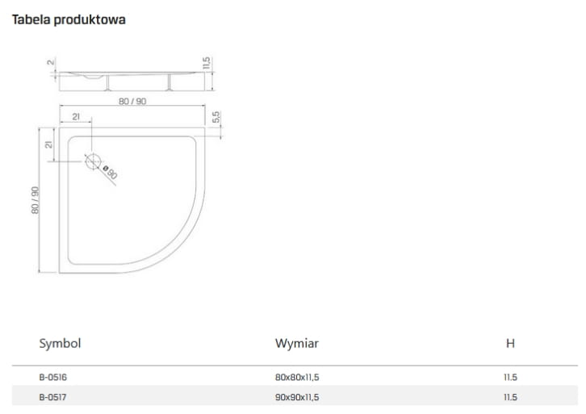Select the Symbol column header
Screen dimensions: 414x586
[x=61, y=343]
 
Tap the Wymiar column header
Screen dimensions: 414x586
[x=297, y=343]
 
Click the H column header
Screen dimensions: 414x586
[x=510, y=343]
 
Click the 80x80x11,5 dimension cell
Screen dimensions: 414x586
[x=303, y=377]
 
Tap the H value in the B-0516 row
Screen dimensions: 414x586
[x=509, y=377]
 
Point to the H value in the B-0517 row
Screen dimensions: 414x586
[x=509, y=397]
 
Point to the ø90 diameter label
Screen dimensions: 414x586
[x=111, y=171]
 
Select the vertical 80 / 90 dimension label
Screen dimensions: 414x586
[x=36, y=199]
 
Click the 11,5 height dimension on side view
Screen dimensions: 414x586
[x=207, y=64]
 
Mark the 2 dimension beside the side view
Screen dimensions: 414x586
[x=50, y=62]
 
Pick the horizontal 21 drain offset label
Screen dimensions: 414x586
[x=75, y=118]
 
